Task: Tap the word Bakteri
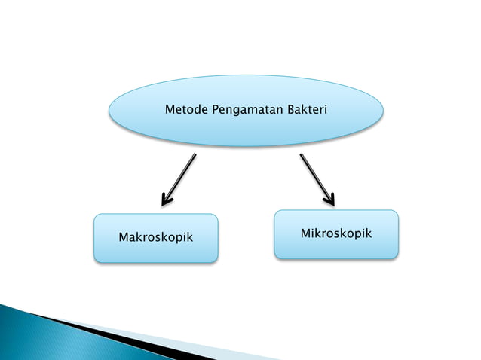[x=306, y=111]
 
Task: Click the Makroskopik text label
[x=155, y=237]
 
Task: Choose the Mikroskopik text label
[x=336, y=233]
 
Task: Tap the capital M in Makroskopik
[x=123, y=237]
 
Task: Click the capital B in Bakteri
[x=290, y=111]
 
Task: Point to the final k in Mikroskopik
[x=369, y=233]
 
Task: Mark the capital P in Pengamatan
[x=216, y=111]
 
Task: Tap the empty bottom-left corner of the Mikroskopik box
[x=283, y=252]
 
